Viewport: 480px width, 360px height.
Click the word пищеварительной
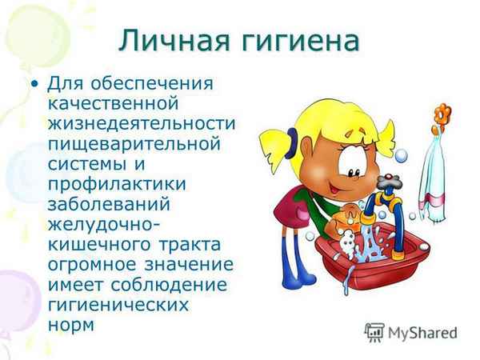click(x=134, y=145)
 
